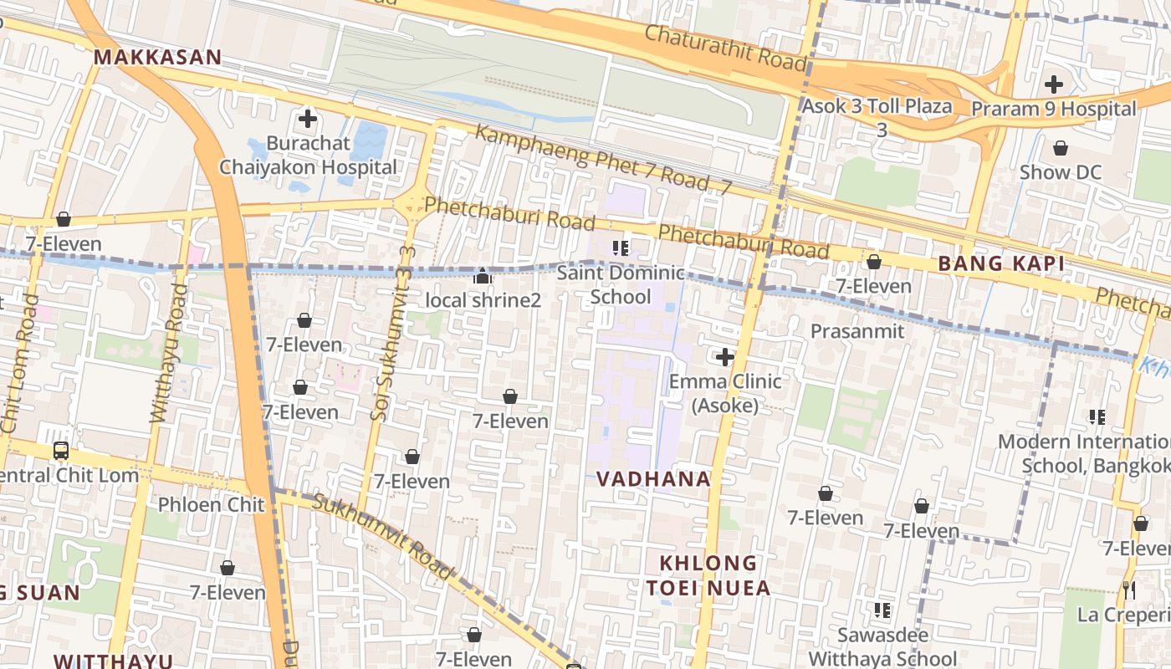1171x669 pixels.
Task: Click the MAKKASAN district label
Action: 157,58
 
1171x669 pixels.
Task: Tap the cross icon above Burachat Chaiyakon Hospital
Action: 308,119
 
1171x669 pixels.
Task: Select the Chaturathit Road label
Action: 725,48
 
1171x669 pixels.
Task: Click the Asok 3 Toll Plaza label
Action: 877,106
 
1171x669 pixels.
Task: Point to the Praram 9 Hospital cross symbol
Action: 1054,84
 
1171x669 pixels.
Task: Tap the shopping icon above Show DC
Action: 1061,149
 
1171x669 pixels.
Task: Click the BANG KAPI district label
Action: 1000,264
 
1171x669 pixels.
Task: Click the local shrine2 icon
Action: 483,276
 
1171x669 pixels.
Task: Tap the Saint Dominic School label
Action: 621,284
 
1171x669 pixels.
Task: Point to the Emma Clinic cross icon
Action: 725,358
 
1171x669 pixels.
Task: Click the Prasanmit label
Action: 857,331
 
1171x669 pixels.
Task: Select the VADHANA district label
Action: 653,479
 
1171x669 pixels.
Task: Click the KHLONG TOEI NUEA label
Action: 708,575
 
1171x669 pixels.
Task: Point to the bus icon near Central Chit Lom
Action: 61,451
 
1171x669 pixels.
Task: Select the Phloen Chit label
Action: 211,504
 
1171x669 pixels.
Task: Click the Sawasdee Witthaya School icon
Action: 882,610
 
